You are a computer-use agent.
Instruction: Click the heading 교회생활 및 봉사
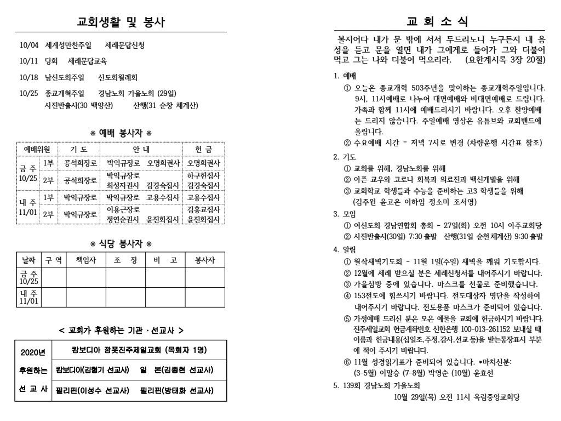point(120,22)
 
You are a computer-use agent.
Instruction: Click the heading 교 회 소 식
point(437,22)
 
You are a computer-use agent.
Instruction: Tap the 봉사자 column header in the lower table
point(205,259)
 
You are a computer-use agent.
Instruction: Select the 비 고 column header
point(165,259)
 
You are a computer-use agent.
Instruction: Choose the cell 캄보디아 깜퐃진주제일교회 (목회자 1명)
point(138,350)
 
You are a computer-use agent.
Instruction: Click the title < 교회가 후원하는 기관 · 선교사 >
point(120,331)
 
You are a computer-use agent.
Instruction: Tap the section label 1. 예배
point(345,75)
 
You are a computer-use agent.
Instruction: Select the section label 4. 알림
point(345,249)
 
